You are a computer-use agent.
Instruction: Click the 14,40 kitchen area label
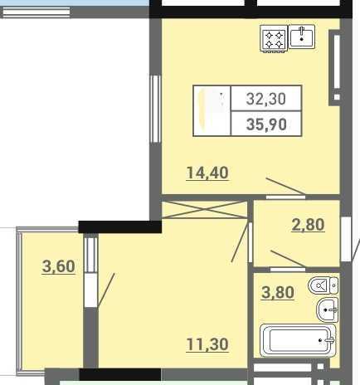207,173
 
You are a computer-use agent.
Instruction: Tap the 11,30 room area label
207,344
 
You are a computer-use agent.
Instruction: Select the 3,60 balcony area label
59,266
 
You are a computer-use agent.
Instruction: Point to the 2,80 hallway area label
308,224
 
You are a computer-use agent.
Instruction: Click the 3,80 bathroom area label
278,292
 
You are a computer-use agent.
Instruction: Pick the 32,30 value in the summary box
266,99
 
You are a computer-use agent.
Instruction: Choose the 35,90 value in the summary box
266,124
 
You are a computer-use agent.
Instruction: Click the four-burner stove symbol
274,39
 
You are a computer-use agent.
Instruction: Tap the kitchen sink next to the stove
302,37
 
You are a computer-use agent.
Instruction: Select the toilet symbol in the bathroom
323,285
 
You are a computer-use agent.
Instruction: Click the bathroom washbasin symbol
328,309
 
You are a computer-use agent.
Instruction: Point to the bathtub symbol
298,340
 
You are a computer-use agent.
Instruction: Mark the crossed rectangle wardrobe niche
204,210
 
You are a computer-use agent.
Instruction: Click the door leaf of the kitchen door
285,186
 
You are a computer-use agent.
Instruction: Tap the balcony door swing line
106,290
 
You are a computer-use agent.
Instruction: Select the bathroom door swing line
288,259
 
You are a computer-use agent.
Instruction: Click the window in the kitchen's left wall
155,109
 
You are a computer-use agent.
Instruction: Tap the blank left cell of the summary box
212,110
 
